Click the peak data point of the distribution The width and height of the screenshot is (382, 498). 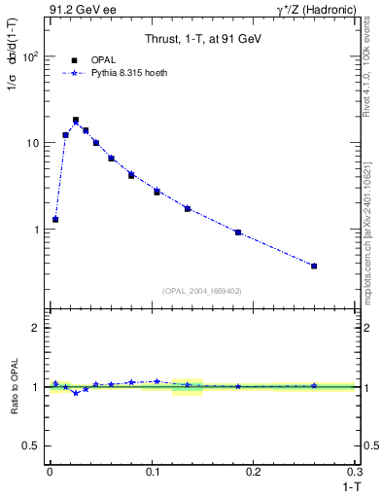pos(76,121)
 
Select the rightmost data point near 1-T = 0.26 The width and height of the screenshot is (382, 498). pos(313,266)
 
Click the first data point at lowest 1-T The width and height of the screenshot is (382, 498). pos(55,220)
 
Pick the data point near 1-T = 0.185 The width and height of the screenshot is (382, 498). pos(237,232)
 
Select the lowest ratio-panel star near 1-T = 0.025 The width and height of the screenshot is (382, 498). pos(76,393)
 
